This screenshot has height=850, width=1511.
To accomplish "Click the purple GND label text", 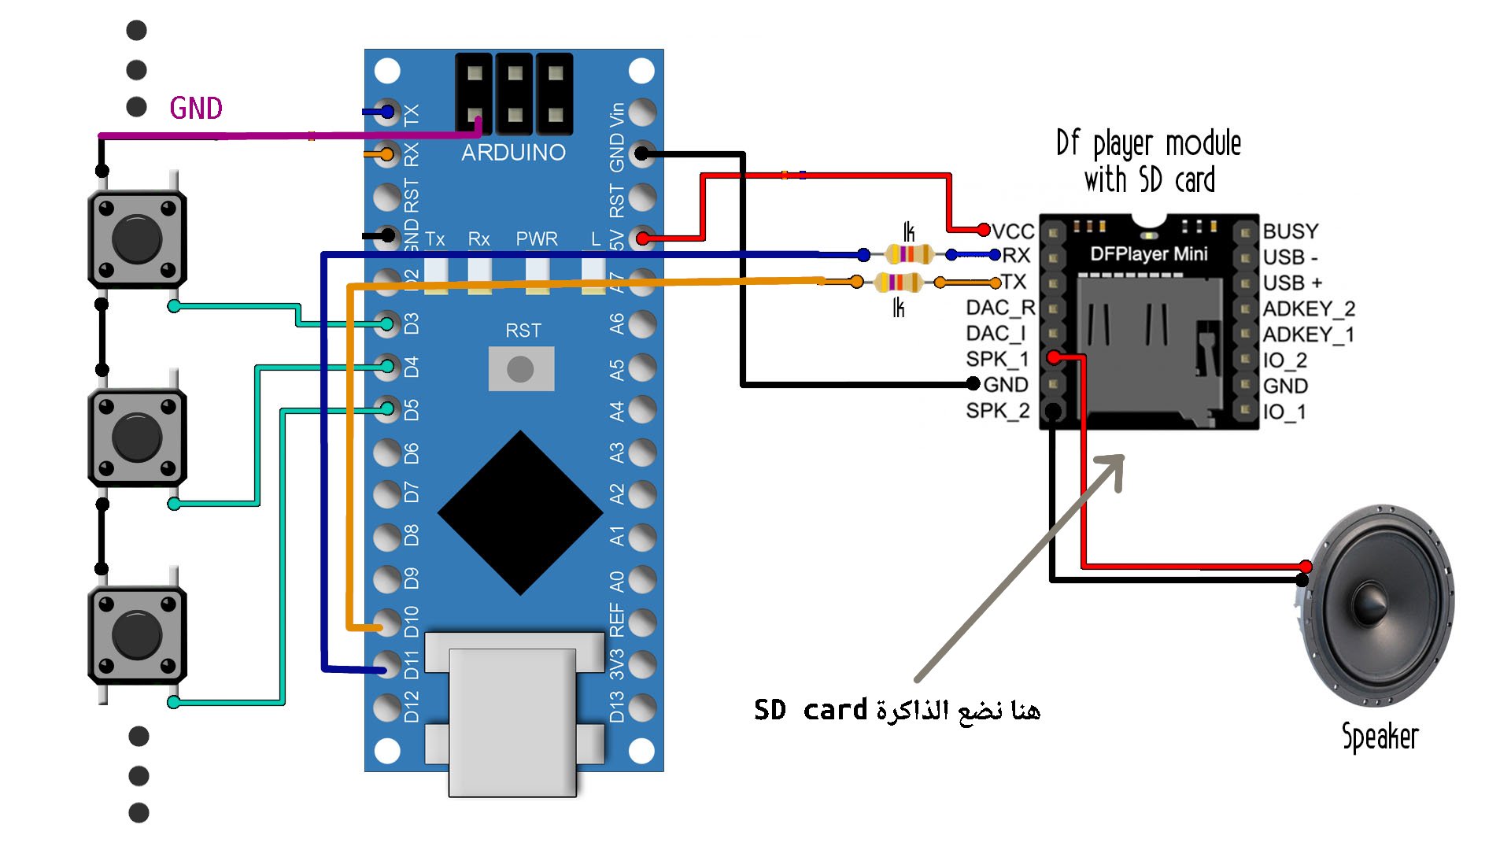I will coord(196,109).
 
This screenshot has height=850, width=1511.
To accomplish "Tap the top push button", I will coord(137,238).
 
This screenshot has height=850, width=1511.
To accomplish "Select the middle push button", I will coord(137,438).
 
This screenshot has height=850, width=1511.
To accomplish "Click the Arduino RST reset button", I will coord(521,368).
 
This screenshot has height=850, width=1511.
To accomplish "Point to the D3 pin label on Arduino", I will coord(412,323).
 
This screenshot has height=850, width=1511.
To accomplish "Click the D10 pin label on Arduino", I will coord(412,622).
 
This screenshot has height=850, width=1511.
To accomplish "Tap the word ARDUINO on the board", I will coord(513,153).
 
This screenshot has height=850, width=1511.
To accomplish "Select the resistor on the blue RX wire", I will coord(908,254).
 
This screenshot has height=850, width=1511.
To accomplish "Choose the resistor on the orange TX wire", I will coord(898,282).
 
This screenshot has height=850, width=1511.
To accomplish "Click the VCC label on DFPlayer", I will coord(1013,231).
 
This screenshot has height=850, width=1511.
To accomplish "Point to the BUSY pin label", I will coord(1291,231).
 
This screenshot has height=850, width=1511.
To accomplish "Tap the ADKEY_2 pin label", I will coord(1309,309).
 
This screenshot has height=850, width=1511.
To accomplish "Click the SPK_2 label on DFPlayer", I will coord(998,411).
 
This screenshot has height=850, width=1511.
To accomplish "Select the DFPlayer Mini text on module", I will coord(1148,254).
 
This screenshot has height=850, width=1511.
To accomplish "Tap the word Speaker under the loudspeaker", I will coord(1380,737).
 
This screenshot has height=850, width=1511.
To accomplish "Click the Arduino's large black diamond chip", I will coord(520,513).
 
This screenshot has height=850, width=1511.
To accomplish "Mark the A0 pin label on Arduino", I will coord(617,581).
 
